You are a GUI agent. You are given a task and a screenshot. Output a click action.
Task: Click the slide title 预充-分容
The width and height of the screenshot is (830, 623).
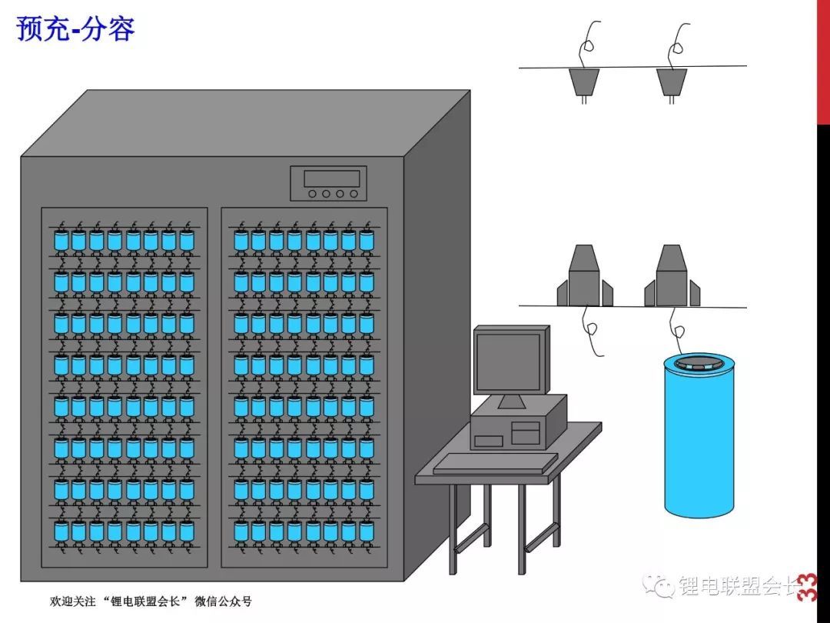click(x=75, y=28)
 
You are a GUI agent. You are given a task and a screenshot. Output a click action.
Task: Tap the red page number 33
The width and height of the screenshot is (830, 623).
click(x=807, y=588)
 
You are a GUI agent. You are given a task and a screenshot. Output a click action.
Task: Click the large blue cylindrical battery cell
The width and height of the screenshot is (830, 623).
click(x=697, y=442)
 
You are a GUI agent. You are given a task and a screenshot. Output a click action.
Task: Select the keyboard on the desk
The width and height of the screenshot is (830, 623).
click(x=496, y=462)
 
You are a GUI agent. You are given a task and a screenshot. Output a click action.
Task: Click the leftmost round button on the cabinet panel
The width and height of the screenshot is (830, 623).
click(x=313, y=194)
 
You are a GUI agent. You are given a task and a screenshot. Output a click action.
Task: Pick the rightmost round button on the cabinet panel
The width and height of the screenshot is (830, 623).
click(x=354, y=194)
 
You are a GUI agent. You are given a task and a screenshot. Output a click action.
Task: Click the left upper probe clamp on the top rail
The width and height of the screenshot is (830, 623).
click(x=584, y=82)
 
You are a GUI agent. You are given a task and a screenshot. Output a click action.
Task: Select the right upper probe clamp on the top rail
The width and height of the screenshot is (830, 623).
click(x=672, y=82)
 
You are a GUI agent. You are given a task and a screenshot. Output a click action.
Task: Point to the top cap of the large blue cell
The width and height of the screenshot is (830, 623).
click(x=699, y=364)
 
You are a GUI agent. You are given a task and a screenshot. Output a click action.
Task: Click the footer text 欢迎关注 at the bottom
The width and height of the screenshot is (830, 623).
click(x=65, y=601)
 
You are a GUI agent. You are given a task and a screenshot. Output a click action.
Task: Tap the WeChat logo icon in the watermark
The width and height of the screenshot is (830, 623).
click(x=660, y=585)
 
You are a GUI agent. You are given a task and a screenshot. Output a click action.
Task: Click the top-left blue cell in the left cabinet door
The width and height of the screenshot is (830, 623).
click(x=61, y=241)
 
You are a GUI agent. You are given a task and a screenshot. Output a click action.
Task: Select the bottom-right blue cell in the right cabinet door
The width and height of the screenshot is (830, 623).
click(x=367, y=531)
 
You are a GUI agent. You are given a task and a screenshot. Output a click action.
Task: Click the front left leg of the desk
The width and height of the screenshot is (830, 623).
click(x=452, y=531)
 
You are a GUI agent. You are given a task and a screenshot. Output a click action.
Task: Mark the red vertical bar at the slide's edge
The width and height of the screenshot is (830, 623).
click(x=823, y=62)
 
